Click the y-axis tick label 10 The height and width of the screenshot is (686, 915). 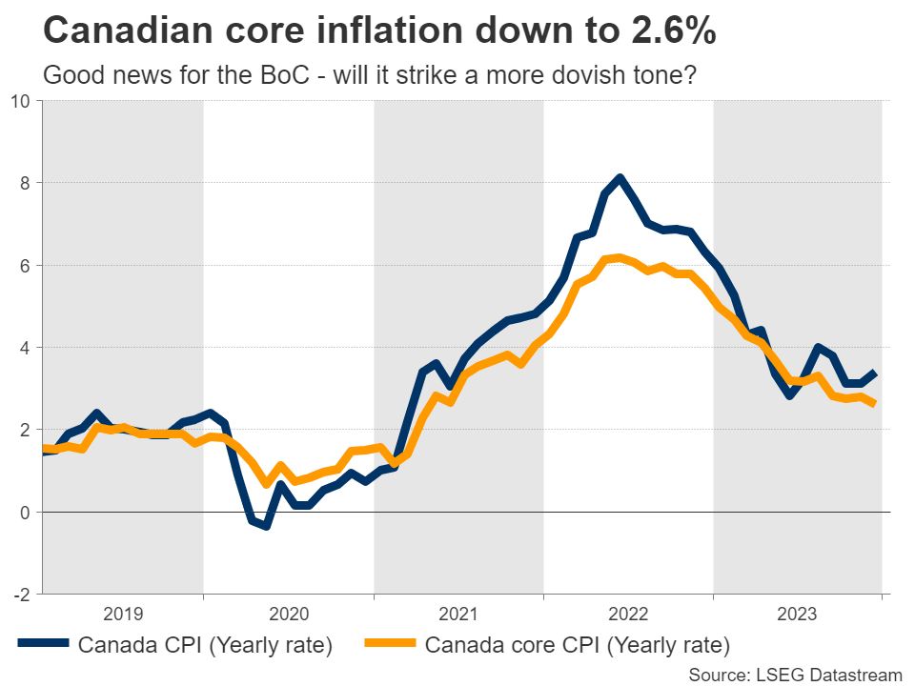pos(19,100)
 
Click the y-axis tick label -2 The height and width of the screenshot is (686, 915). pos(20,595)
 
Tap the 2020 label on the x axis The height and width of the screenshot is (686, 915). pos(289,613)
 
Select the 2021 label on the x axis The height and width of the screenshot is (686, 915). pos(458,613)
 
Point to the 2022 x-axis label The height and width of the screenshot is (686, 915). pos(629,613)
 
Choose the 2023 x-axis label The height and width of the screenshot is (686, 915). pos(799,613)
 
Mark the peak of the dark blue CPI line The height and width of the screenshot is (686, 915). pos(620,177)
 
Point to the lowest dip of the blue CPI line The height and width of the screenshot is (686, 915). pos(267,525)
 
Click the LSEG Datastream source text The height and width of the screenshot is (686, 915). pos(795,674)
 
